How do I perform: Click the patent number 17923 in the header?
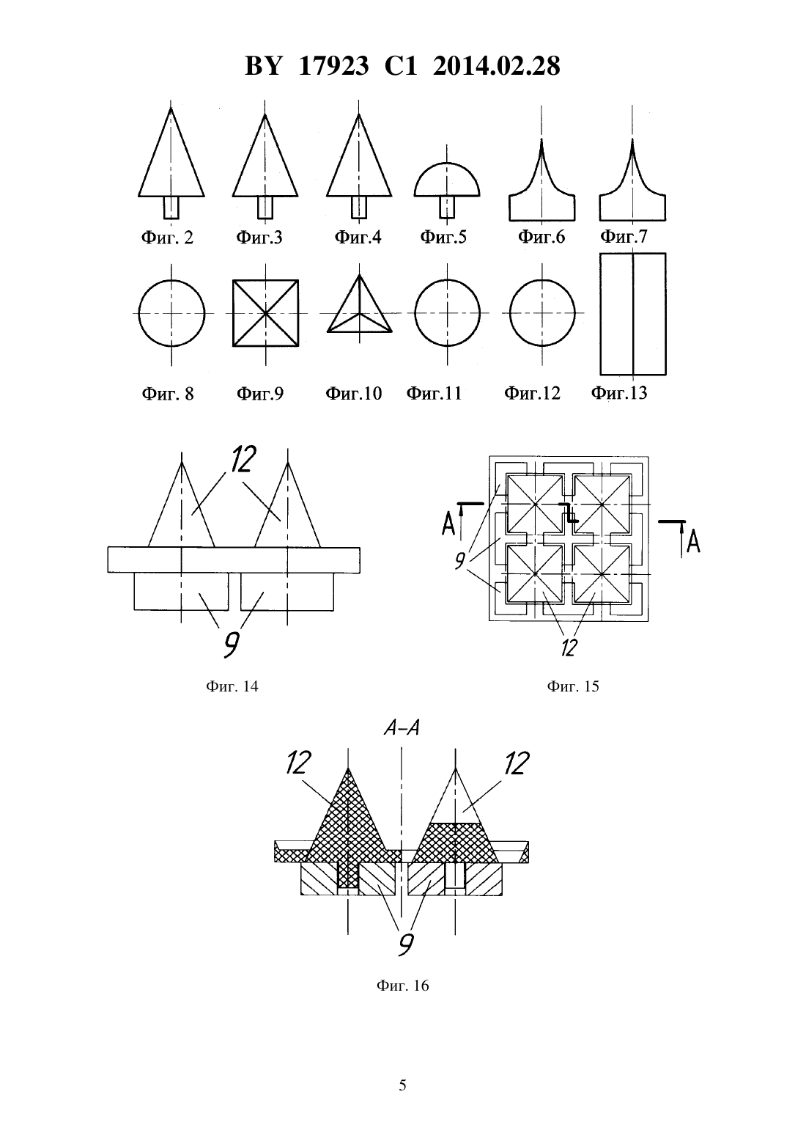(333, 67)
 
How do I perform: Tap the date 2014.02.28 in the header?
(497, 67)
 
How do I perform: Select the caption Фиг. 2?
(167, 238)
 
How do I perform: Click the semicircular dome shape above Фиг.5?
(447, 180)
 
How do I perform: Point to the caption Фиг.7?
(624, 236)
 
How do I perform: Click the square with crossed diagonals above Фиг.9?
(265, 313)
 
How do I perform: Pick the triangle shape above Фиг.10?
(359, 304)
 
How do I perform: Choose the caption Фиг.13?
(618, 393)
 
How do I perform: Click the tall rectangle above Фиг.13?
(633, 314)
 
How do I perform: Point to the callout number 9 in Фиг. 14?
(231, 644)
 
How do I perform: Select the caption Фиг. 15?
(573, 686)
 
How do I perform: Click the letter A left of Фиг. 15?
(448, 524)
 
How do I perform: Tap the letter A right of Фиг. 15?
(693, 541)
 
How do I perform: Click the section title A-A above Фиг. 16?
(402, 728)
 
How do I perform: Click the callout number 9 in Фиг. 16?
(405, 944)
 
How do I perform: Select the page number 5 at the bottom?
(402, 1085)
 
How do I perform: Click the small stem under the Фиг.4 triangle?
(359, 208)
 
